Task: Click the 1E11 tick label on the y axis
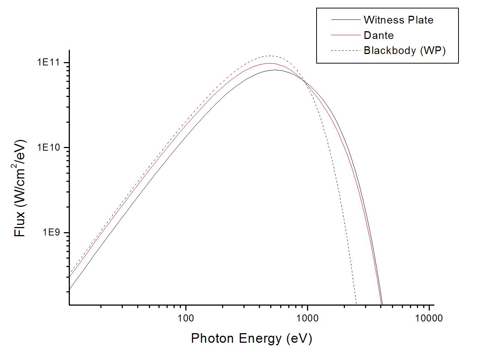tap(49, 62)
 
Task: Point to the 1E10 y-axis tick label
tap(49, 148)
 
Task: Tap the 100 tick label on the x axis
tap(186, 318)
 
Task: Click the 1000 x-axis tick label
tap(307, 318)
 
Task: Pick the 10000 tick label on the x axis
tap(429, 318)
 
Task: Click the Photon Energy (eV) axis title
tap(252, 338)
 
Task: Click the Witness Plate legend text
tap(398, 20)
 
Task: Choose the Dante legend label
tap(378, 35)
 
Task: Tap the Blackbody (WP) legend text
tap(404, 50)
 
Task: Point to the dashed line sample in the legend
tap(345, 50)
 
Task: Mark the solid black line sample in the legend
tap(345, 19)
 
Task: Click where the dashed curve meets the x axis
tap(356, 304)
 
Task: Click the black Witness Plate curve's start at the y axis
tap(69, 289)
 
